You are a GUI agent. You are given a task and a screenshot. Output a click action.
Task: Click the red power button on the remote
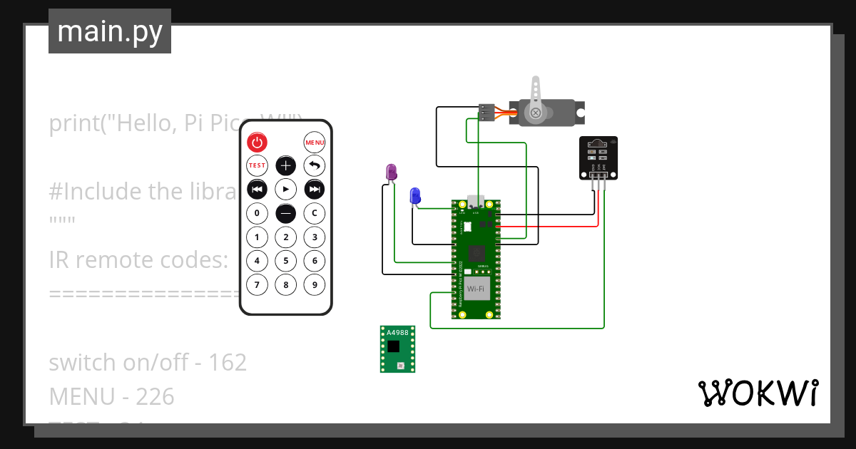coord(257,142)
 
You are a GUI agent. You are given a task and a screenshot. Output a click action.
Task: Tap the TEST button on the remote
coord(257,165)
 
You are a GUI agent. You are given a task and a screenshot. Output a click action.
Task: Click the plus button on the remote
coord(285,166)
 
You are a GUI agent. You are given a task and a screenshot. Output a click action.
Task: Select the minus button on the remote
coord(285,213)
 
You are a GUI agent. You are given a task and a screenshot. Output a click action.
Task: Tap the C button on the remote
coord(314,213)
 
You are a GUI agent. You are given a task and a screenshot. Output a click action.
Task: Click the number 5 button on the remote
coord(285,261)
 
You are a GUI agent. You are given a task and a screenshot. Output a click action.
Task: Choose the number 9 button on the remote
coord(314,285)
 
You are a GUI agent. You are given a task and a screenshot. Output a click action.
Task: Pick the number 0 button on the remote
coord(257,213)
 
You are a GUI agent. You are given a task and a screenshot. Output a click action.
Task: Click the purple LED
coord(391,172)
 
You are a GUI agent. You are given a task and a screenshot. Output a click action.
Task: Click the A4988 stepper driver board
coord(397,349)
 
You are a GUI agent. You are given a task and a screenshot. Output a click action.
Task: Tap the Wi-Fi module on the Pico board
coord(477,288)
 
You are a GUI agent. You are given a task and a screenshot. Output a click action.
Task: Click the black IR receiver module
coord(598,158)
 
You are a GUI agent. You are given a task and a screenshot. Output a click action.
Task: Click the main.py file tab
coord(110,31)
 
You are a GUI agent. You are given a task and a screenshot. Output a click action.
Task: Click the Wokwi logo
coord(757,393)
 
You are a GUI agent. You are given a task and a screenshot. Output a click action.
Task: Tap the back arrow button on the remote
coord(314,166)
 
